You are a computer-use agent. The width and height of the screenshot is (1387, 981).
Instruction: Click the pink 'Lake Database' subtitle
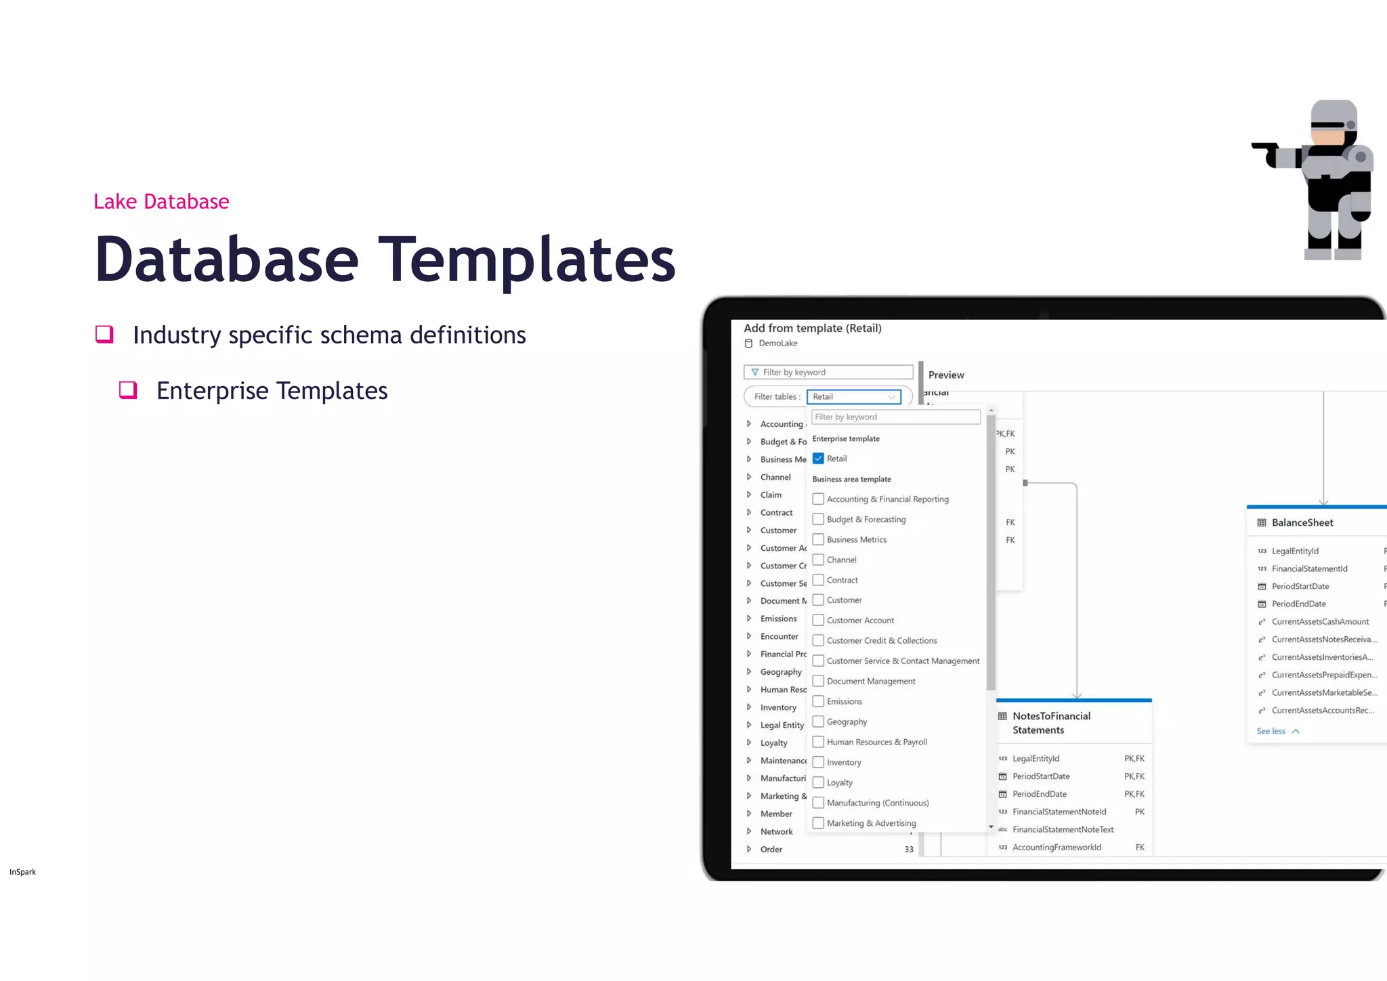point(161,202)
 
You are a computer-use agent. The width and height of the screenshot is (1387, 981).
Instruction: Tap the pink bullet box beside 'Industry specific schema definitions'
point(104,334)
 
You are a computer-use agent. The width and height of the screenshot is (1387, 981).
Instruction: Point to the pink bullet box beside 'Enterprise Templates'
point(128,390)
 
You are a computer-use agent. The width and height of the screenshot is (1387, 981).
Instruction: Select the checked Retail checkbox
point(818,459)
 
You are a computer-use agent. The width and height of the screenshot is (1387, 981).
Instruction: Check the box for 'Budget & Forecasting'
point(818,520)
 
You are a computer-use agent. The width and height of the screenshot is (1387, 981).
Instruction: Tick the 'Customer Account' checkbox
point(818,621)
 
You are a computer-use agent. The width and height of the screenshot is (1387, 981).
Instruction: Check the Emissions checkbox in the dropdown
point(818,701)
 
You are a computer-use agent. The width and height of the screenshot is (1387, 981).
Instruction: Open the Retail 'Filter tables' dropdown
point(854,397)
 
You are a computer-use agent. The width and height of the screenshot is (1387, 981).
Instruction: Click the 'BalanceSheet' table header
point(1302,523)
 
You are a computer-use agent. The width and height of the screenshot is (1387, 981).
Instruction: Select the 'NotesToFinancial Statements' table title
point(1051,723)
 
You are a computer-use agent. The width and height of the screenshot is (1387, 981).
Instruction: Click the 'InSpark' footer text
point(23,872)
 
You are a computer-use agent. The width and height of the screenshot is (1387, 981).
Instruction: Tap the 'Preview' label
point(946,375)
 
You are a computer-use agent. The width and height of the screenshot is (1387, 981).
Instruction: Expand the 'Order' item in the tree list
point(749,850)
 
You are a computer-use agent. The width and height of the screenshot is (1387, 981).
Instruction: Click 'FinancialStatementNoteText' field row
point(1063,830)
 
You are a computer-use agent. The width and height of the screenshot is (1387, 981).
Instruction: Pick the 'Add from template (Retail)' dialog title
point(813,329)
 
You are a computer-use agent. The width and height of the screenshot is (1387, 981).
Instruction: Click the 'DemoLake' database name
point(777,343)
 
